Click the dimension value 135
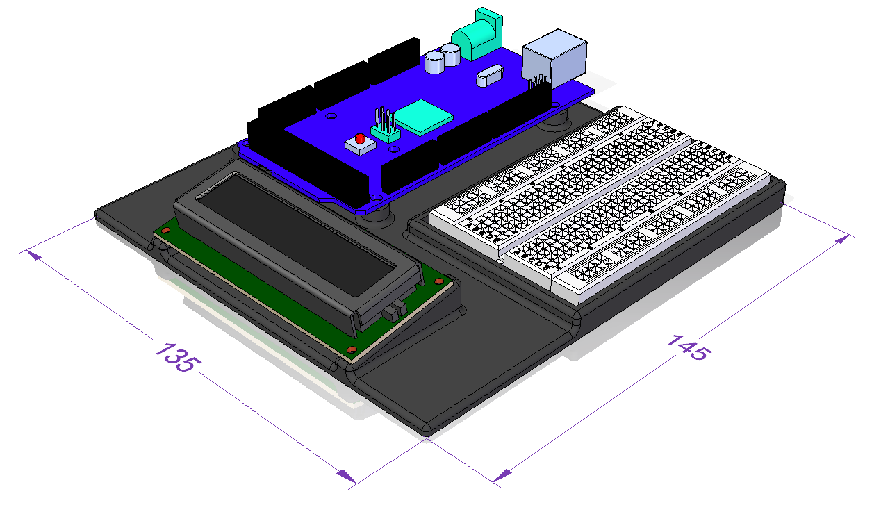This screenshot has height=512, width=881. [x=178, y=358]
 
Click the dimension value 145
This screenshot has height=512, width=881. [x=689, y=347]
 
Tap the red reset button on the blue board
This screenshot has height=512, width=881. [x=360, y=138]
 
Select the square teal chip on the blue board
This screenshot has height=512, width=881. [x=423, y=117]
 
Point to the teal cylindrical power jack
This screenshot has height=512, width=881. [x=477, y=35]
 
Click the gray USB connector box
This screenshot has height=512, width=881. [x=554, y=58]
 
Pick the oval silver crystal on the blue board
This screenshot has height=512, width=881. [x=490, y=76]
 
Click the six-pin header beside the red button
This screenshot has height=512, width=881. [x=385, y=125]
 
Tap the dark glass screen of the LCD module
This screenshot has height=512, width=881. [x=295, y=234]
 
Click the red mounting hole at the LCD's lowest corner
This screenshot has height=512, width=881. [x=352, y=349]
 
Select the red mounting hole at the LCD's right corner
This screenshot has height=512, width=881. [x=439, y=281]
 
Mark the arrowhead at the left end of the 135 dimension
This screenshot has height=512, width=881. [x=34, y=255]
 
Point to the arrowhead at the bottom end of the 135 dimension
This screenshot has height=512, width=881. [x=347, y=475]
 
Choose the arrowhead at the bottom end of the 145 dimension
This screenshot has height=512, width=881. [x=502, y=475]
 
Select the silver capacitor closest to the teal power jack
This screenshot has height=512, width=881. [x=451, y=55]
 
